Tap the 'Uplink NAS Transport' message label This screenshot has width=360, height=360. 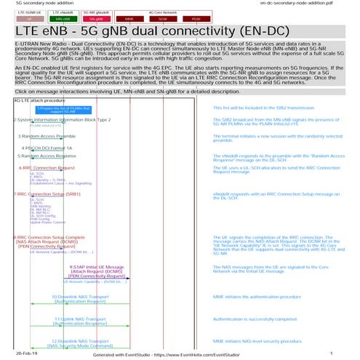pyautogui.click(x=82, y=319)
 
